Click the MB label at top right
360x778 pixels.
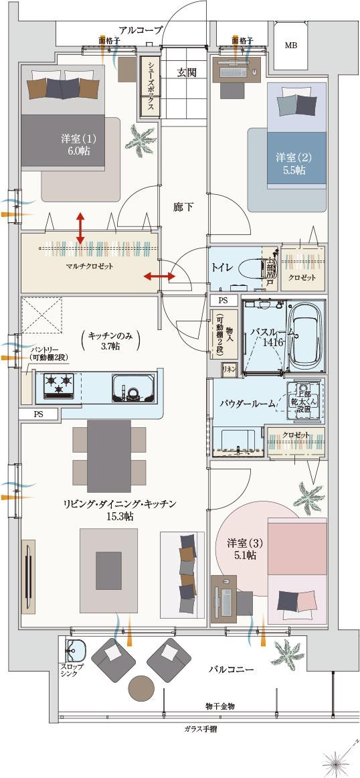click(291, 46)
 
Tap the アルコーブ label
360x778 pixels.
click(141, 29)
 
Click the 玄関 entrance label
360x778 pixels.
click(187, 72)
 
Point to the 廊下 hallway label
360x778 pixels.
click(183, 207)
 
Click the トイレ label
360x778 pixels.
click(221, 268)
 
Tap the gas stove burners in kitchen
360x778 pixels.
click(58, 385)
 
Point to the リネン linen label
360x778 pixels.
click(228, 369)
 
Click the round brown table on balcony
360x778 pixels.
click(143, 688)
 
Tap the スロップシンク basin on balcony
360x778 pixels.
click(75, 651)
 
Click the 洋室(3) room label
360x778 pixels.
click(241, 548)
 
